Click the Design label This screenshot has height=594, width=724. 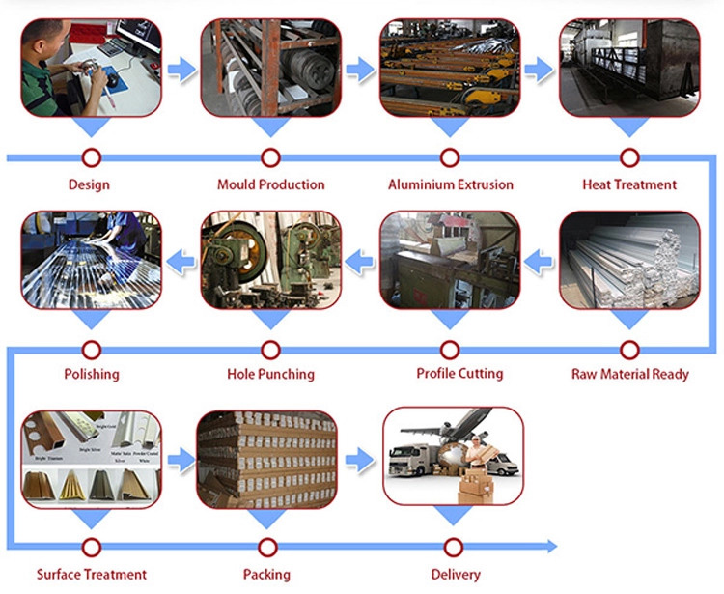[89, 184]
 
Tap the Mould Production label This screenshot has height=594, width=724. [270, 184]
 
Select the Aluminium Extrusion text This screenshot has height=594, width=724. [451, 184]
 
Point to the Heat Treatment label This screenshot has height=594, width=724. [629, 184]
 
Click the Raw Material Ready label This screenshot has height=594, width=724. [629, 374]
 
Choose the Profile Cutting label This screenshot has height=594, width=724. [451, 374]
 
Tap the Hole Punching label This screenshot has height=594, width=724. [270, 374]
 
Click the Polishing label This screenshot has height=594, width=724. [92, 374]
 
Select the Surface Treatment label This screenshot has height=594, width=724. [92, 575]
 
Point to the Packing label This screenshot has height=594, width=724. [267, 575]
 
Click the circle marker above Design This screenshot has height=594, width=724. [92, 156]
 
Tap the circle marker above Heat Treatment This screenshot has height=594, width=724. [629, 156]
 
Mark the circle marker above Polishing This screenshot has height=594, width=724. [92, 348]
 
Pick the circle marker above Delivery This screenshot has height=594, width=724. [451, 547]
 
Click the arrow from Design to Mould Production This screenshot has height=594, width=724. [180, 70]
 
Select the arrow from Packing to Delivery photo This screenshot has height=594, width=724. [359, 459]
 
